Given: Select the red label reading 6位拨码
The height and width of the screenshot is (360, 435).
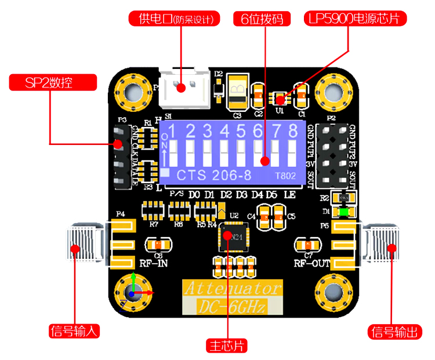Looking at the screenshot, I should (262, 19).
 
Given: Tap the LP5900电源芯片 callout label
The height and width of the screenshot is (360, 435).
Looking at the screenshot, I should (356, 19).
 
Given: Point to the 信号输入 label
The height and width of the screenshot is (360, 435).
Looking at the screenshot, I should (75, 331).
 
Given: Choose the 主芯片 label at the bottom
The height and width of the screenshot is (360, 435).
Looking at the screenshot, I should (227, 346).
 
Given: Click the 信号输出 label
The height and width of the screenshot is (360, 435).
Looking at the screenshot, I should (394, 332).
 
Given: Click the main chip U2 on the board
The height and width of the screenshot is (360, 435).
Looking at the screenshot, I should (233, 237).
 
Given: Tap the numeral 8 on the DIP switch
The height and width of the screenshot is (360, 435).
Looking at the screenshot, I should (293, 130).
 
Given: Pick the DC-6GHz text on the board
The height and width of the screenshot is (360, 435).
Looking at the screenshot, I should (233, 306).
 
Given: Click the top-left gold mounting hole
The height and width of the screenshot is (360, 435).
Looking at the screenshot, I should (133, 90).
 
